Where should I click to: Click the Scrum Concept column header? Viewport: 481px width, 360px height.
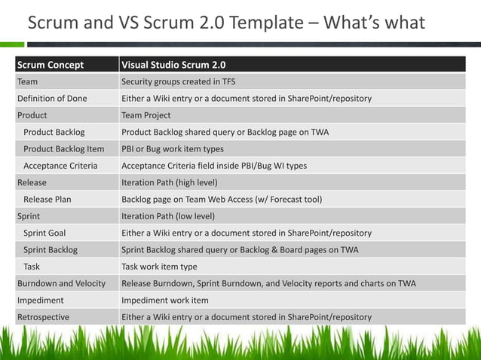click(x=51, y=65)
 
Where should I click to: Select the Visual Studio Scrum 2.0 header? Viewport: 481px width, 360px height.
click(x=173, y=65)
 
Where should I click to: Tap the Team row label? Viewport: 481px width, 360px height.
click(x=28, y=81)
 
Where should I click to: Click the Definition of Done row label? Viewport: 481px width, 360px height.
click(x=52, y=99)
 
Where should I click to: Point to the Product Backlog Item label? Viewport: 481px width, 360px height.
click(x=64, y=149)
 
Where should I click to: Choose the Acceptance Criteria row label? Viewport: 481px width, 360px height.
click(x=60, y=166)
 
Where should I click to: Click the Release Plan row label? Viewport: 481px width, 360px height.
click(x=47, y=200)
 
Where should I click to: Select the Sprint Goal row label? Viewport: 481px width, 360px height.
click(x=44, y=233)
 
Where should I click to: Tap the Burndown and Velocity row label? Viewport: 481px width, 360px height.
click(x=61, y=283)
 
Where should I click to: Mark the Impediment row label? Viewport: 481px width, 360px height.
click(x=41, y=300)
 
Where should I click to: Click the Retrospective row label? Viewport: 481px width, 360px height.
click(x=43, y=317)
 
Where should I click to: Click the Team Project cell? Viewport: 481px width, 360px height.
click(x=146, y=115)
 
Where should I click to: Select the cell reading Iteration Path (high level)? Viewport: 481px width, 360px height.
click(x=170, y=182)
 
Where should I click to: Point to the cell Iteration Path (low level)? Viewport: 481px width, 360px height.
click(x=168, y=216)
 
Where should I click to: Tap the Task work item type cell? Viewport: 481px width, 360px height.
click(x=159, y=267)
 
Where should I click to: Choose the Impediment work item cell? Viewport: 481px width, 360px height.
click(x=165, y=300)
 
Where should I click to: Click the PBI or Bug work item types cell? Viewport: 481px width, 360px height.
click(x=173, y=149)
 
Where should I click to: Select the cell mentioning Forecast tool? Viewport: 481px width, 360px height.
click(x=222, y=200)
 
